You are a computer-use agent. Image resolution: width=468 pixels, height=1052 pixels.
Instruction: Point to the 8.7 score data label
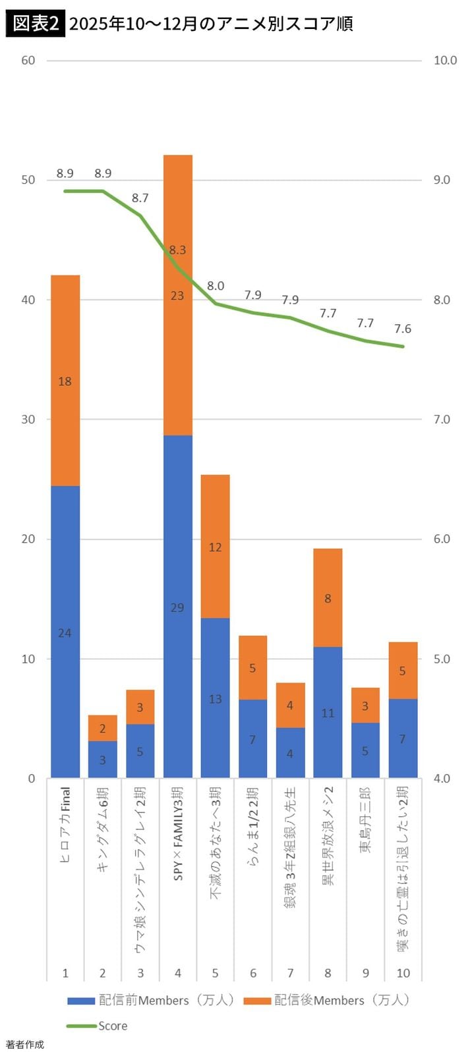coord(140,198)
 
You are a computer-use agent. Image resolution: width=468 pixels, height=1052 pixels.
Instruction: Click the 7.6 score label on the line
coord(403,329)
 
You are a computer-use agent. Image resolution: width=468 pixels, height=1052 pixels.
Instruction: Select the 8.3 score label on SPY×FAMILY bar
coord(177,250)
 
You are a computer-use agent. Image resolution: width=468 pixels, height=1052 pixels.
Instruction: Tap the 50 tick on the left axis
coord(28,180)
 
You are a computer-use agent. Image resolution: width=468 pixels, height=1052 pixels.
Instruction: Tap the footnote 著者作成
coord(25,1044)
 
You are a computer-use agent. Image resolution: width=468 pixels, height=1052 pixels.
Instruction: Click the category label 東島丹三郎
coord(365,820)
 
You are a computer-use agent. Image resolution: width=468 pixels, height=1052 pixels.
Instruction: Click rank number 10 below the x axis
coord(403,973)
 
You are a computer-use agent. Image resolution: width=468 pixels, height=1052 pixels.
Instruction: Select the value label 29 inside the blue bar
coord(177,607)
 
